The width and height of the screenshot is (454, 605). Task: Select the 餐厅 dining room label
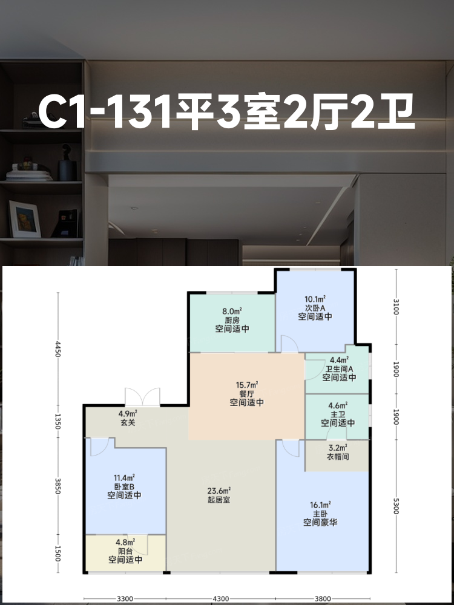tap(247, 394)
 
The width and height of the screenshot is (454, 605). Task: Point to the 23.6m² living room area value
tap(219, 491)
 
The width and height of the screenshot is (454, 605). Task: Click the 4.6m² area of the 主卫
tap(338, 405)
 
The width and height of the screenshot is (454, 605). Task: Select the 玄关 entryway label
tap(128, 423)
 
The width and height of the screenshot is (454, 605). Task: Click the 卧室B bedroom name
tap(124, 486)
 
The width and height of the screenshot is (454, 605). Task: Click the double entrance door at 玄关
tap(142, 397)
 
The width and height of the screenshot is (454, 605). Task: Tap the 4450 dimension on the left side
tap(58, 349)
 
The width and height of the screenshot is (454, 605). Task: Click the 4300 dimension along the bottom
tap(221, 599)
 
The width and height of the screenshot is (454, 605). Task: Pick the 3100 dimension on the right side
tap(396, 306)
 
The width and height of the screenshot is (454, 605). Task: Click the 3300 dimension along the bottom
tap(125, 599)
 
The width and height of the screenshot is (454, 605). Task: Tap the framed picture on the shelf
tap(25, 219)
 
